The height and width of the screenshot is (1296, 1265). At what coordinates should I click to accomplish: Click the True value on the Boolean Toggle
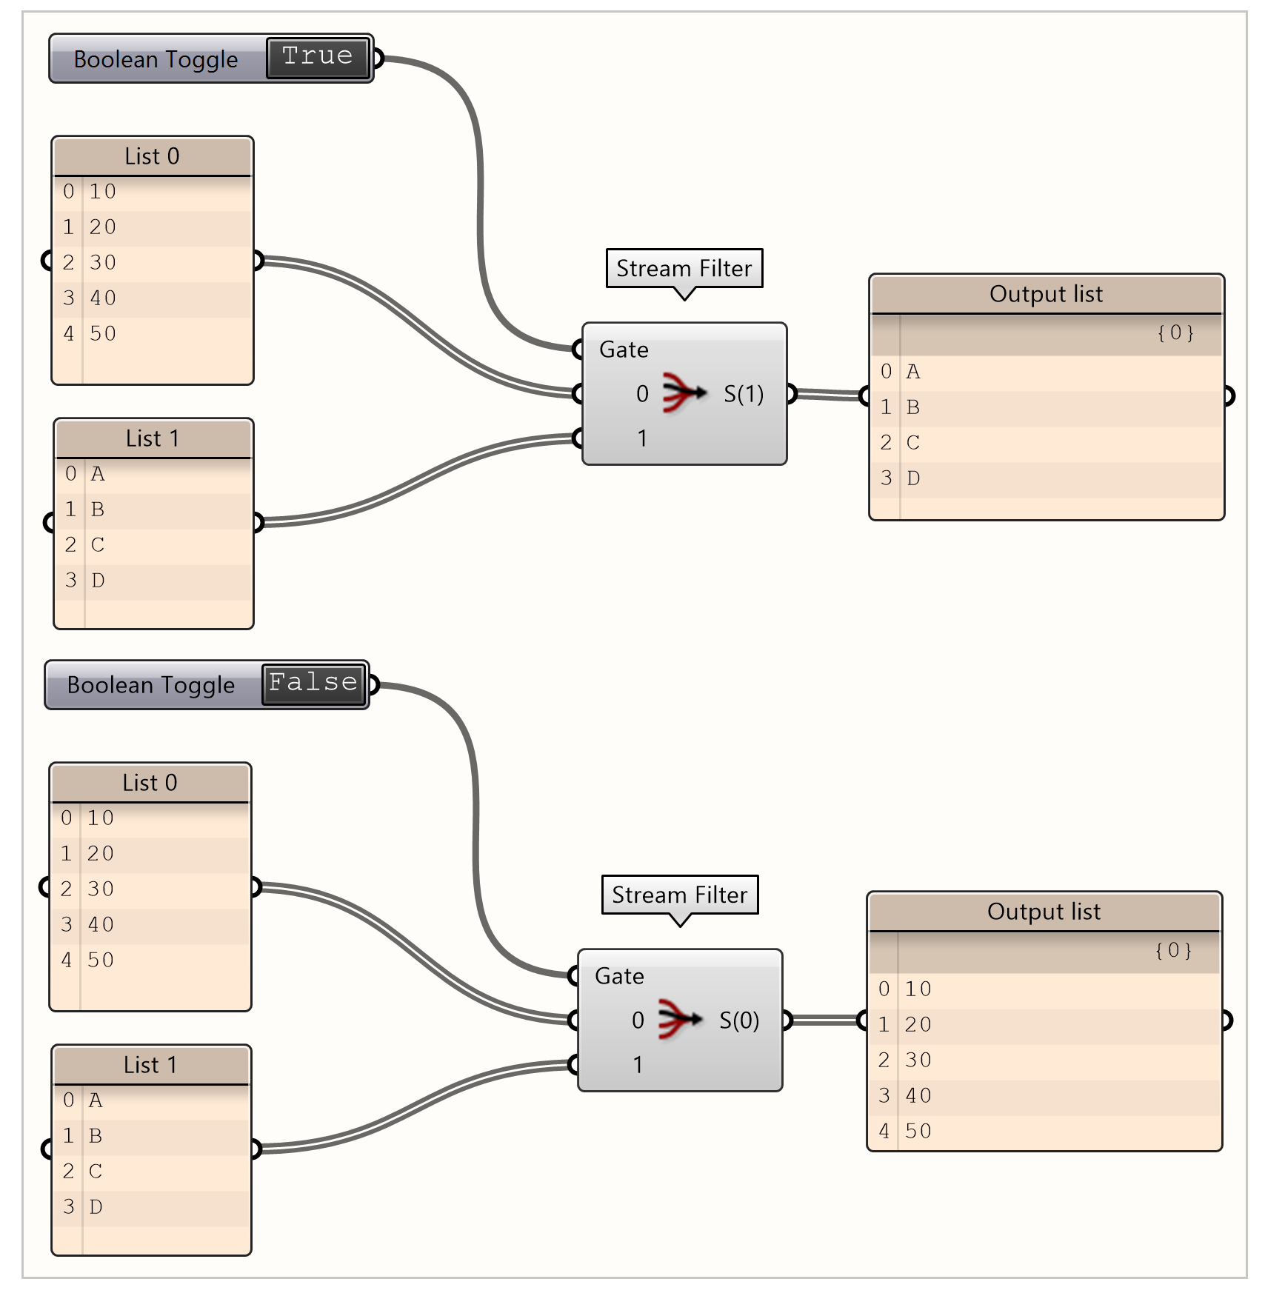pos(317,57)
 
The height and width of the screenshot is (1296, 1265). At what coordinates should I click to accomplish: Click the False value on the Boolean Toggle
pos(313,683)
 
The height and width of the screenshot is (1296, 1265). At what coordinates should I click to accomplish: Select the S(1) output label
pos(743,394)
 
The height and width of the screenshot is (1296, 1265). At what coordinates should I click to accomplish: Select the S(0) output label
pos(738,1021)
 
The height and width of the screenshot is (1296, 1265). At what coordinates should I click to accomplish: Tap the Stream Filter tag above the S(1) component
pos(684,268)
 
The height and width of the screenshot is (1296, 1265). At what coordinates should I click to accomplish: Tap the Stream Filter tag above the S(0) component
pos(679,895)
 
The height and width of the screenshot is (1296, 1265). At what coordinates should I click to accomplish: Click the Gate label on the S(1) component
pos(624,350)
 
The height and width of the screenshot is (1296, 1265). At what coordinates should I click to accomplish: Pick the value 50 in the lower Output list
pos(918,1131)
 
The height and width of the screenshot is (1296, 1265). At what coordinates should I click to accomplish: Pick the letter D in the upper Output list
pos(913,478)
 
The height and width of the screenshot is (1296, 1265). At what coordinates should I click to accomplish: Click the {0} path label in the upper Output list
pos(1175,333)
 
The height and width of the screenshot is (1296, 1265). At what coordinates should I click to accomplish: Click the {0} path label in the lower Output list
pos(1173,950)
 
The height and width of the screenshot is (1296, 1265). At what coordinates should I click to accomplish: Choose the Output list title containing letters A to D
pos(1046,294)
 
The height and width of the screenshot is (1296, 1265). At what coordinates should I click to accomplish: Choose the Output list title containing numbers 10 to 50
pos(1044,912)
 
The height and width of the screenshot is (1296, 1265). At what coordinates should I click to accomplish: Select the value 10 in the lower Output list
pos(918,989)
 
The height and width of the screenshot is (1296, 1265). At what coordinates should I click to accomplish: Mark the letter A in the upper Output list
pos(913,372)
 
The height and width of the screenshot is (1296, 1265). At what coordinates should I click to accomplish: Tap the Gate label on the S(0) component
pos(619,976)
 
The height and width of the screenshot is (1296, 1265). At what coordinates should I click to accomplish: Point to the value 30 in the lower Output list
pos(918,1060)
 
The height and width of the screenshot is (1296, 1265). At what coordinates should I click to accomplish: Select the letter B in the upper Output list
pos(913,407)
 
